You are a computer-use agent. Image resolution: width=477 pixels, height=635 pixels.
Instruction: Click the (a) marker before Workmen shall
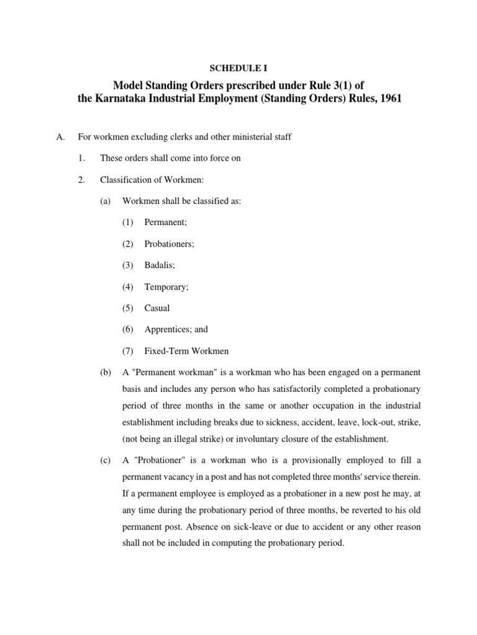pyautogui.click(x=104, y=202)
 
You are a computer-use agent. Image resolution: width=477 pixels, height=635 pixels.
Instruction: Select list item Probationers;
pyautogui.click(x=169, y=244)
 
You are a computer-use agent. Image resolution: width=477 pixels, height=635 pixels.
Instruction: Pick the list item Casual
pyautogui.click(x=157, y=308)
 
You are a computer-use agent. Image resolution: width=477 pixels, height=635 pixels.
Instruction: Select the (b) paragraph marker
pyautogui.click(x=104, y=372)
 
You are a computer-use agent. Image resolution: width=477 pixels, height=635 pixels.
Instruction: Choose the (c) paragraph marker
pyautogui.click(x=104, y=460)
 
